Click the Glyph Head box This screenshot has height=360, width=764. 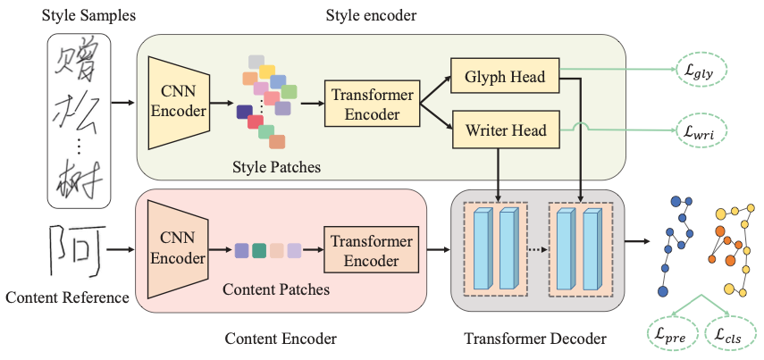[505, 76]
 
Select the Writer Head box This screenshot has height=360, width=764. [505, 130]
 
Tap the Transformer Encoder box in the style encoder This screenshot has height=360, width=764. [373, 104]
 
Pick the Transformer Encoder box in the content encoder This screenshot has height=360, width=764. [372, 250]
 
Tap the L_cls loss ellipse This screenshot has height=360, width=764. [729, 334]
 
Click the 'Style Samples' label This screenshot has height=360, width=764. [88, 15]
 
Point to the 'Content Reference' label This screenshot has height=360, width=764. [67, 297]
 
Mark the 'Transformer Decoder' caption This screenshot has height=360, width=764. [535, 338]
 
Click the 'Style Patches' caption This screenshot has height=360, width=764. [277, 167]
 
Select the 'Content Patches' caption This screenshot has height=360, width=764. [276, 289]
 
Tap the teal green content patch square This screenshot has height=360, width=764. [259, 250]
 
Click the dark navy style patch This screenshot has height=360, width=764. [245, 112]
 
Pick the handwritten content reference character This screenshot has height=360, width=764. [77, 249]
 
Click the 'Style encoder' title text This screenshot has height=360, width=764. [371, 15]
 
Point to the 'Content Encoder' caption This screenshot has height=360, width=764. [281, 338]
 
